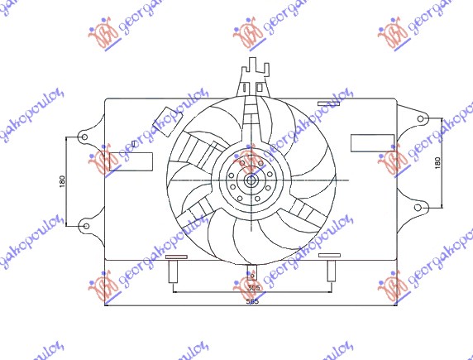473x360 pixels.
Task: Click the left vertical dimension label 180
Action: (x=63, y=180)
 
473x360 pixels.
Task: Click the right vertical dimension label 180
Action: (x=437, y=164)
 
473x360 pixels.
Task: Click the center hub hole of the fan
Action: (x=251, y=180)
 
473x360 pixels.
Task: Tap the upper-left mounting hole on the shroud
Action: (x=84, y=137)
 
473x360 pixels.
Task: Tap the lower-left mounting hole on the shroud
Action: (x=84, y=224)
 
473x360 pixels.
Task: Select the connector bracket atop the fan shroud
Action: (x=253, y=79)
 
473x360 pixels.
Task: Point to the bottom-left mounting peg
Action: (x=174, y=271)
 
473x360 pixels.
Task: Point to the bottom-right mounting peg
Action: (x=330, y=271)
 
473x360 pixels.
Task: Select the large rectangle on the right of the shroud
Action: (x=365, y=142)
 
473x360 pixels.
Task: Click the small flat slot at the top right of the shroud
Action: (x=328, y=104)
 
